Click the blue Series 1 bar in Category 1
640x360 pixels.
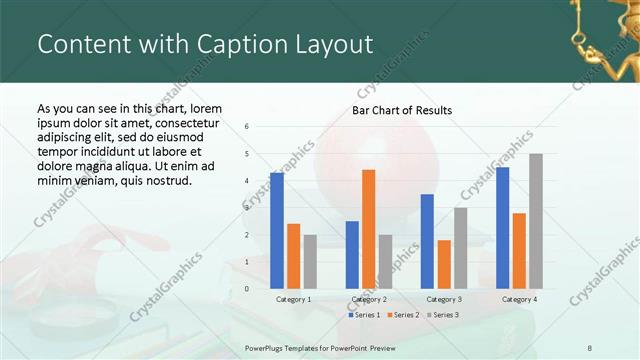[x=277, y=231]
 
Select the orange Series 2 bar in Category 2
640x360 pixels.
[x=369, y=229]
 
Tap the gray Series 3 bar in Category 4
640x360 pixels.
[x=536, y=221]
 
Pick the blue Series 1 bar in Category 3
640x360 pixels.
[x=427, y=241]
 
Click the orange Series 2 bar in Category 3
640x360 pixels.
[x=444, y=264]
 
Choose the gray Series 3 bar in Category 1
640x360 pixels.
[x=310, y=262]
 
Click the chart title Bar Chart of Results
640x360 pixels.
[x=402, y=110]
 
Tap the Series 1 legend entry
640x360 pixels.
[x=365, y=315]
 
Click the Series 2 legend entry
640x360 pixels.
[x=403, y=315]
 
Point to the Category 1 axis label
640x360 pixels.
[x=293, y=299]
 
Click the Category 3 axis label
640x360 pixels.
[x=443, y=299]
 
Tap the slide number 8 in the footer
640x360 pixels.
[x=590, y=348]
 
